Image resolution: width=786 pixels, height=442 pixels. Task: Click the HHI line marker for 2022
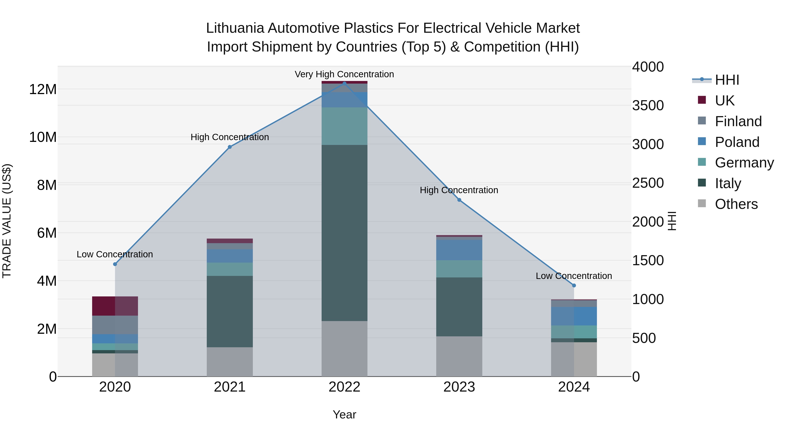345,83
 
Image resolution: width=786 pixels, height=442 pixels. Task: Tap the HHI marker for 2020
115,264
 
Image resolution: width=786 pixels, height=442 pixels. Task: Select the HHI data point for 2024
574,285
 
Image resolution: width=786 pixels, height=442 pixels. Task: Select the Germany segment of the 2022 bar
345,126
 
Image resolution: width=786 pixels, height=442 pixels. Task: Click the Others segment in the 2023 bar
459,356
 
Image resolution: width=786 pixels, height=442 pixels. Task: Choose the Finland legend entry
738,121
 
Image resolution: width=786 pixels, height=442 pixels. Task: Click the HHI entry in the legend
726,80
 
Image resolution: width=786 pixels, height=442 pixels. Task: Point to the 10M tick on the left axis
43,137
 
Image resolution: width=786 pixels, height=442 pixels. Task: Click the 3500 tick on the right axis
648,106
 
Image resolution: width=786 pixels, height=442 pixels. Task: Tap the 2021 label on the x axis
230,387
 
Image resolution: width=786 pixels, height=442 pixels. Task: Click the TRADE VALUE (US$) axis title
7,221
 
